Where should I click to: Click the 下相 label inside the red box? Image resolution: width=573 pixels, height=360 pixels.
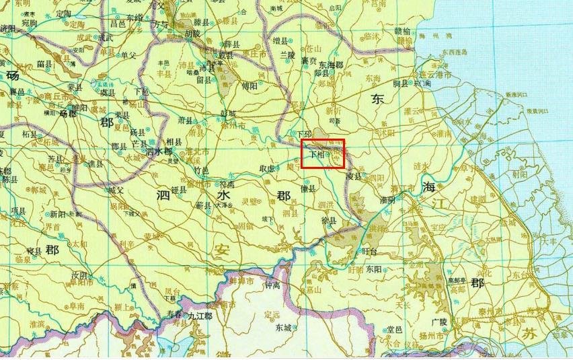[x=316, y=154]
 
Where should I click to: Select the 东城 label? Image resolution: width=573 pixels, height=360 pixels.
[x=283, y=328]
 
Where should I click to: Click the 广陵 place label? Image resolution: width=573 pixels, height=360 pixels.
[x=439, y=322]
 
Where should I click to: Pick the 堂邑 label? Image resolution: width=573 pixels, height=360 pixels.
[x=394, y=329]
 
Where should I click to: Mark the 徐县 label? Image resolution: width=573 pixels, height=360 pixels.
[x=329, y=220]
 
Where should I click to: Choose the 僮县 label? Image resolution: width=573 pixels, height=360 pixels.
[x=308, y=190]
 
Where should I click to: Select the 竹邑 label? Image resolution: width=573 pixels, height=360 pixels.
[x=201, y=170]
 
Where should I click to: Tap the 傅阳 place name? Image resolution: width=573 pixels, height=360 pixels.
[x=250, y=87]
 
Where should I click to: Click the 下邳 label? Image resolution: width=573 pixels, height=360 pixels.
[x=305, y=134]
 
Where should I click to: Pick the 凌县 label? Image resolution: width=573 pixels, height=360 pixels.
[x=353, y=176]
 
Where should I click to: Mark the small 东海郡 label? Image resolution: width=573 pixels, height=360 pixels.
[x=331, y=65]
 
